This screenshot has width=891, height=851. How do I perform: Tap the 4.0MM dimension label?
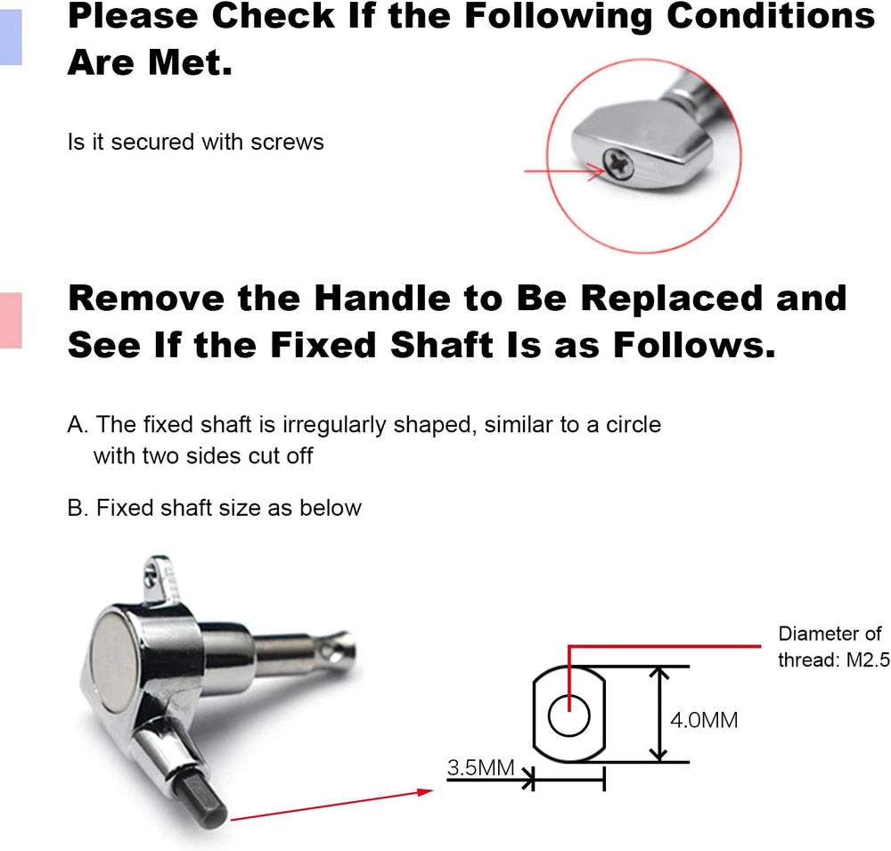[x=704, y=720]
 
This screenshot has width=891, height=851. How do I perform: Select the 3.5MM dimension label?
[x=481, y=767]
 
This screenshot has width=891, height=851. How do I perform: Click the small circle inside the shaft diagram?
[x=568, y=716]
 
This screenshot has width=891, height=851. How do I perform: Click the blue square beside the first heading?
[x=11, y=37]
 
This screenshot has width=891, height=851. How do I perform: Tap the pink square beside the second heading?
[x=11, y=320]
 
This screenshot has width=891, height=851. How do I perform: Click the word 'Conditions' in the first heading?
[x=771, y=16]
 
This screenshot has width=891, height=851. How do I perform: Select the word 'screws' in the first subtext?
[x=287, y=142]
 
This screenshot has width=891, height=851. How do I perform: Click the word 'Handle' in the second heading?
[x=382, y=298]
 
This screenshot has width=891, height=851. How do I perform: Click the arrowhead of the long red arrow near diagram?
[x=425, y=791]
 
